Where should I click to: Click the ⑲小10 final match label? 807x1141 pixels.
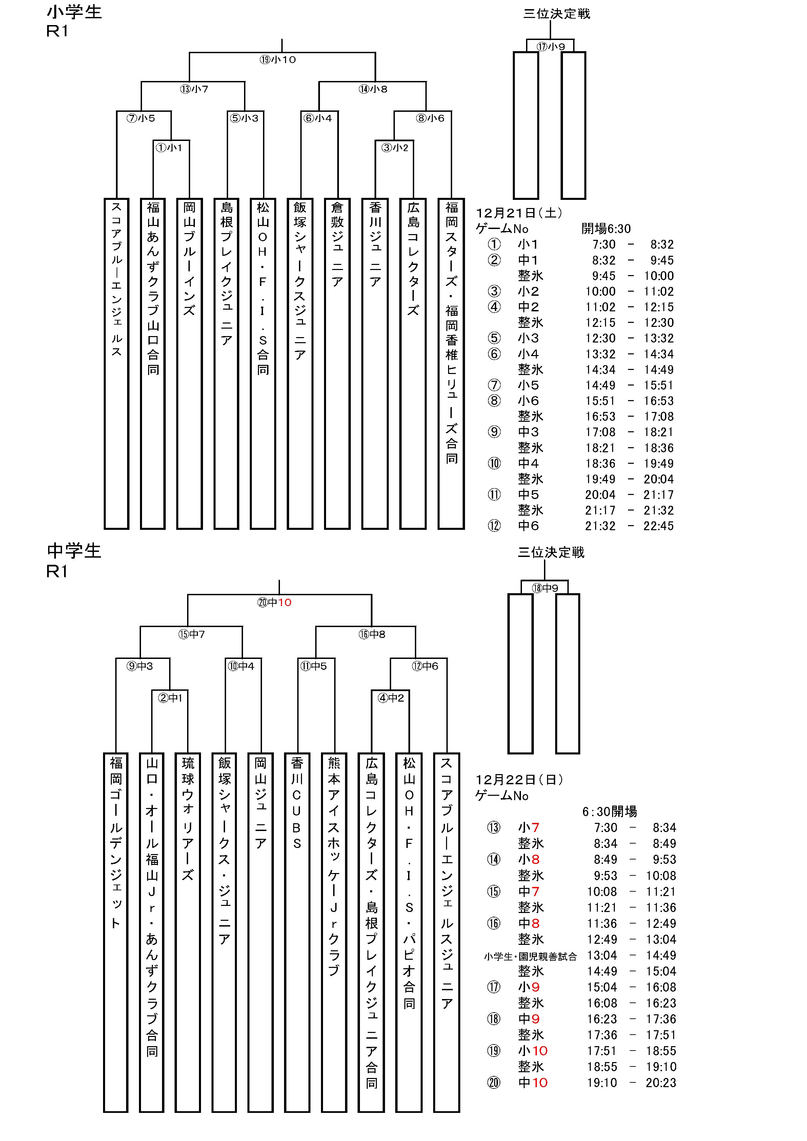[x=278, y=60]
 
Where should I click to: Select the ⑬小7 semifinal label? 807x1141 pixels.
[x=194, y=89]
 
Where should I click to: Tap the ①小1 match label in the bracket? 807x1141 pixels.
[x=169, y=148]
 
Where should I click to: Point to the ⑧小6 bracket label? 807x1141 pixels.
[x=430, y=118]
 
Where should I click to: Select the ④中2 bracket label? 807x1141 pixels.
[x=391, y=698]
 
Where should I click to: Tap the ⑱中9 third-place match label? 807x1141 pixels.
[x=545, y=588]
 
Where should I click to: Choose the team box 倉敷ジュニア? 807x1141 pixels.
[x=337, y=363]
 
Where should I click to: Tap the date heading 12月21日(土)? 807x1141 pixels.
[x=519, y=213]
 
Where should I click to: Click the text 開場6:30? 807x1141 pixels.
[x=606, y=229]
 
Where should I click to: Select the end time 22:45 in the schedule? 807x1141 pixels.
[x=658, y=526]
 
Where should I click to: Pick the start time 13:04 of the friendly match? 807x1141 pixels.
[x=602, y=955]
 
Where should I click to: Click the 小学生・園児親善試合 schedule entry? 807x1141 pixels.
[x=530, y=956]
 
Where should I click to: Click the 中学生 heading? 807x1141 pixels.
[x=74, y=551]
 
